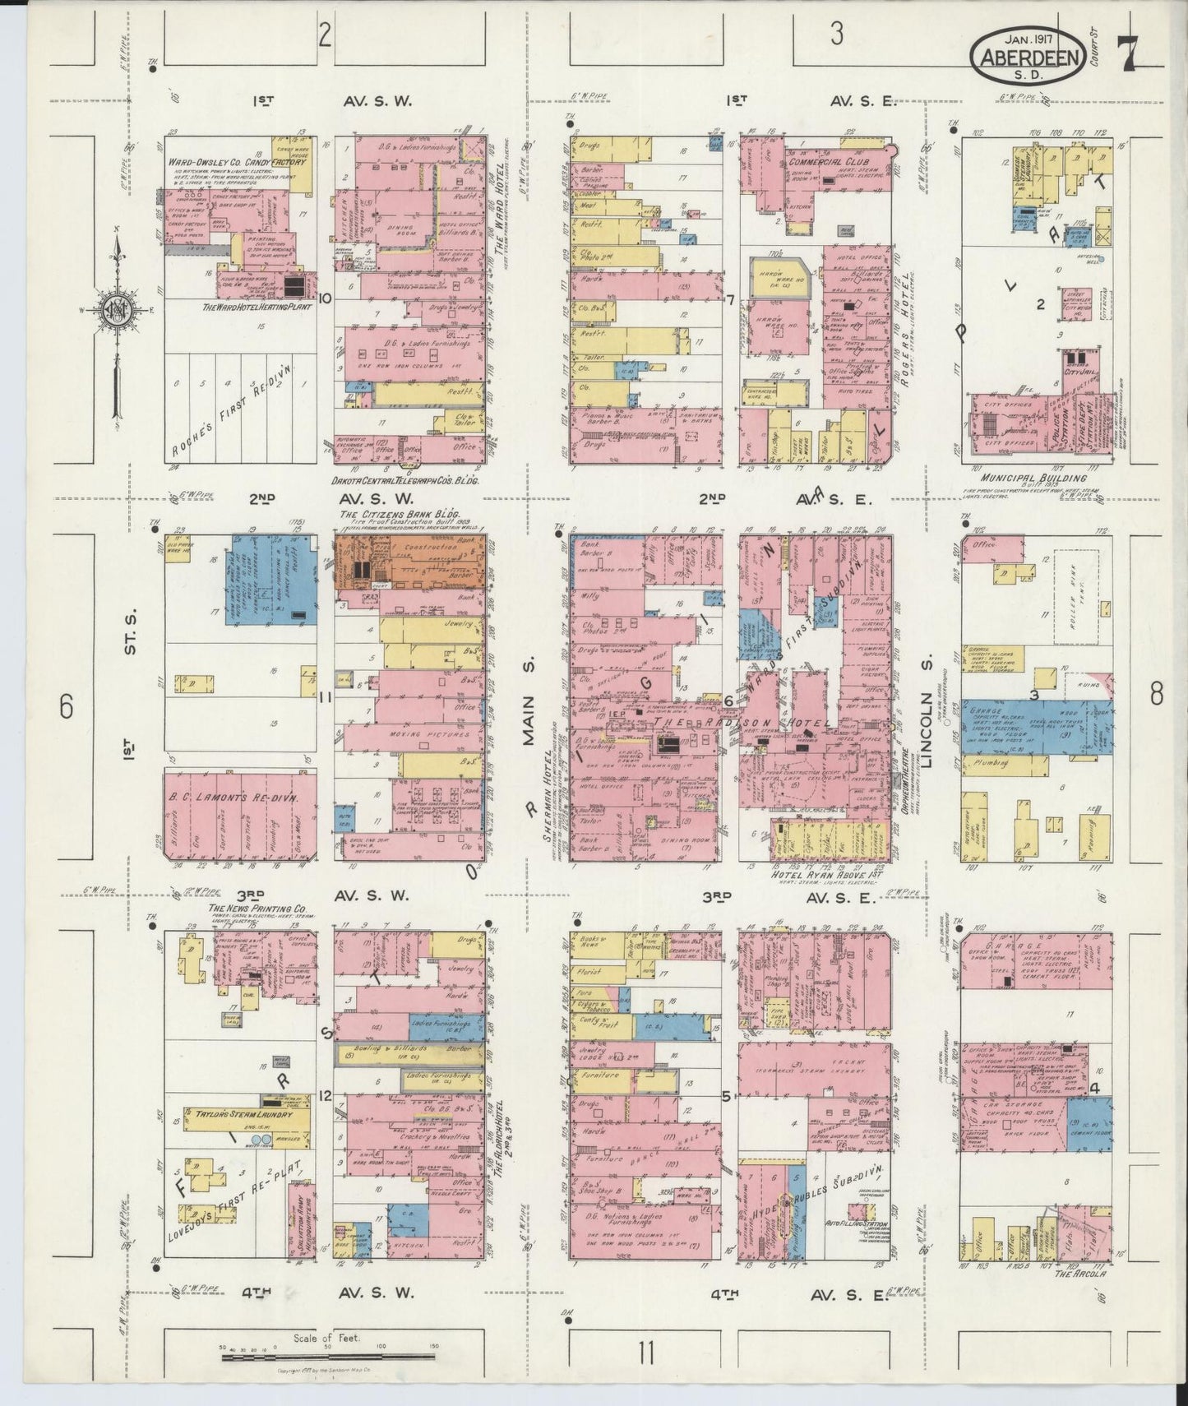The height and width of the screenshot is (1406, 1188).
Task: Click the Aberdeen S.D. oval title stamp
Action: tap(1027, 58)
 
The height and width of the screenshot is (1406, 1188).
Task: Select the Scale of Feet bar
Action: tap(329, 1357)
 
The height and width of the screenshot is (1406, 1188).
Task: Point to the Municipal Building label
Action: tap(1033, 478)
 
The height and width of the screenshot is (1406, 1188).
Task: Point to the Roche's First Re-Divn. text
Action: tap(238, 419)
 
